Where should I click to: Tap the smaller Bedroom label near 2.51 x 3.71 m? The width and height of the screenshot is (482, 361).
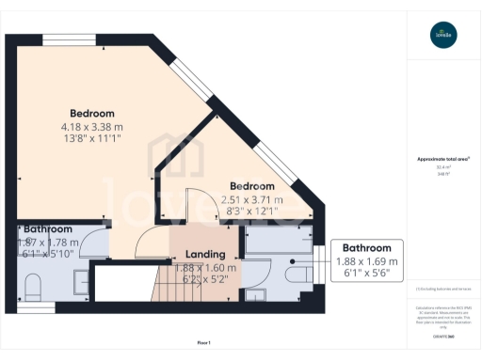[x=251, y=186]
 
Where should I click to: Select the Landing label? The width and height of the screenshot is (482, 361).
[x=205, y=254]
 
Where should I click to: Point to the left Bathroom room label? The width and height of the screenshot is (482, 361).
[x=48, y=228]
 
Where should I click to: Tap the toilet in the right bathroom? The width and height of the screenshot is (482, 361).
[x=299, y=273]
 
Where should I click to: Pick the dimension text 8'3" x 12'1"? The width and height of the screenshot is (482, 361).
[x=251, y=212]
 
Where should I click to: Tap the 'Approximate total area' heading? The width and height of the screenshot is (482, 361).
[x=443, y=159]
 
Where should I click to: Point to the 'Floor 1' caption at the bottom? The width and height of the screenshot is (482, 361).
[x=202, y=342]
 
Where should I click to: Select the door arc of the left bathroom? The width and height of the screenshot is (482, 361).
[x=94, y=243]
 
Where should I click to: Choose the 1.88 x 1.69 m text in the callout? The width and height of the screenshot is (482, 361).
[x=367, y=261]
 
